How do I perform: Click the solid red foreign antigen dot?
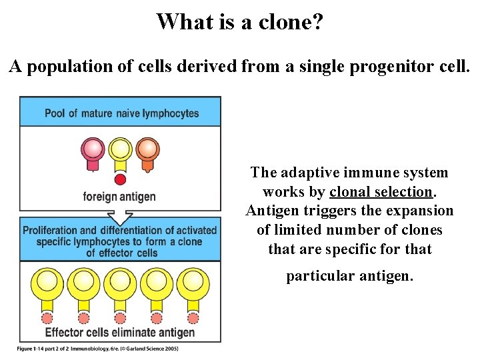(x=120, y=179)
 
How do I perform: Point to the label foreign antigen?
(x=119, y=197)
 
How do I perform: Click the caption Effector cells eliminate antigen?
(x=120, y=332)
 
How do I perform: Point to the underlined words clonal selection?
(x=381, y=192)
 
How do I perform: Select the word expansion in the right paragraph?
(x=420, y=211)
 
